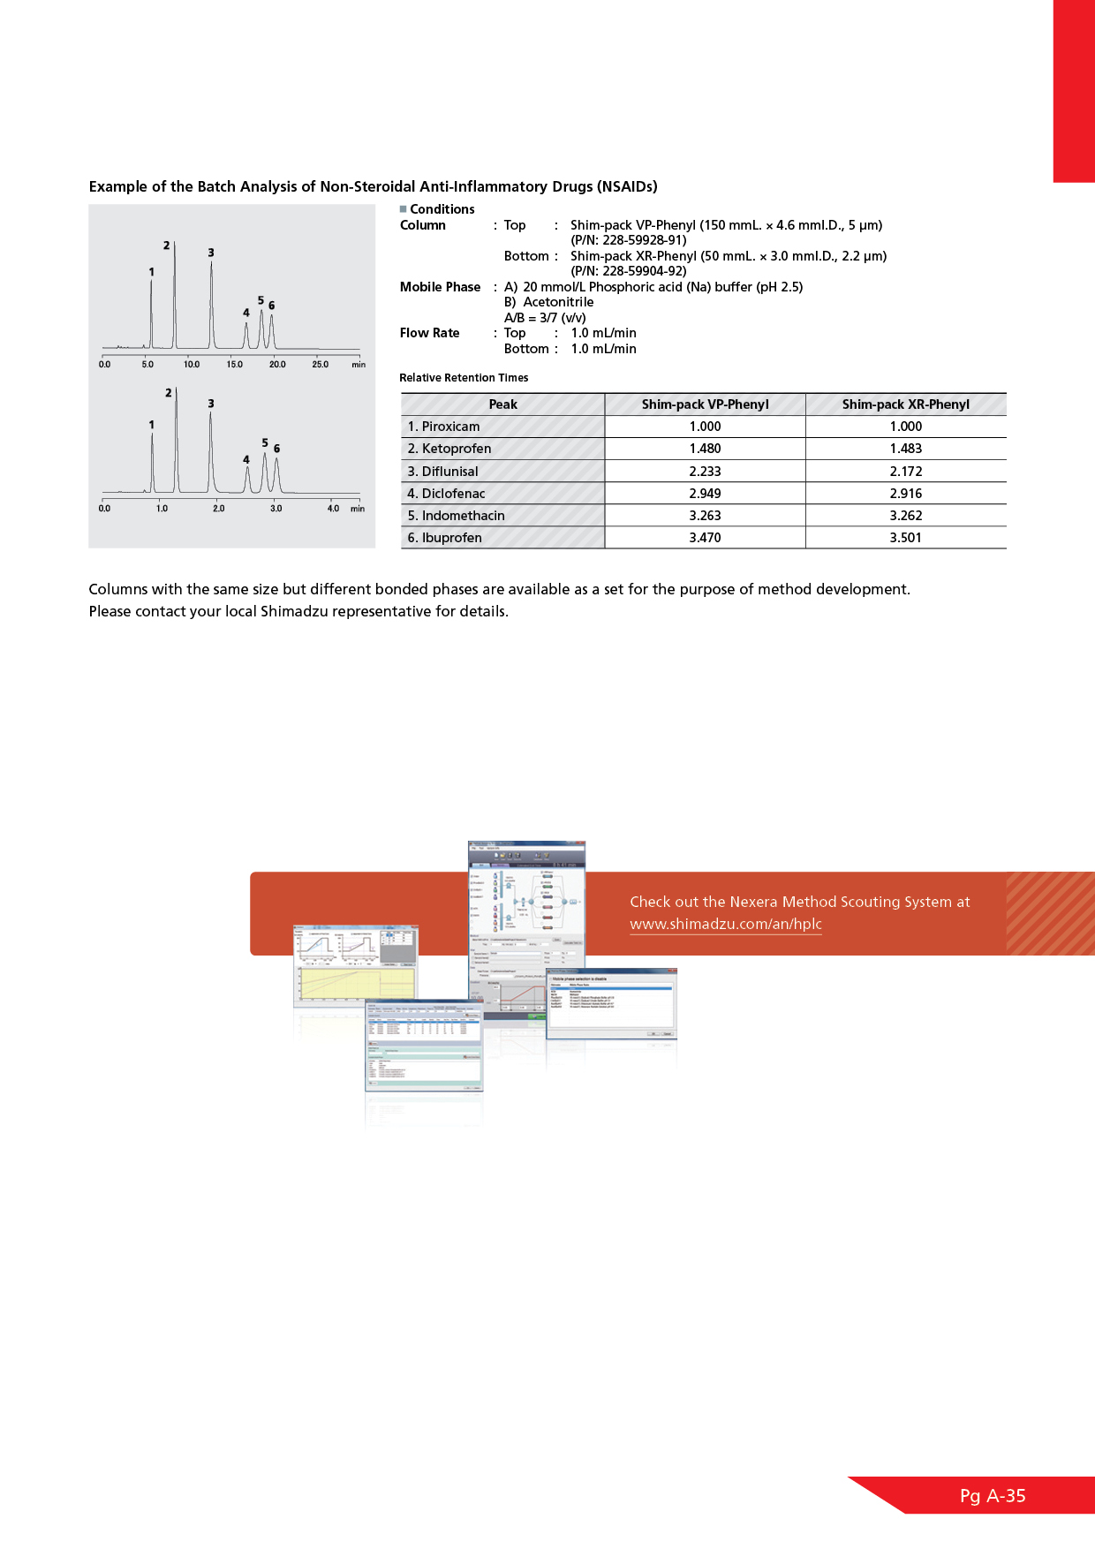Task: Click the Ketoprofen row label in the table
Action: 449,449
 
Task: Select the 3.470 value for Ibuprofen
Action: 705,538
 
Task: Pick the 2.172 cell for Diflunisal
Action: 905,472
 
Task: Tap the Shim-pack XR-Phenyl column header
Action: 905,404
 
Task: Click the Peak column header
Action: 502,404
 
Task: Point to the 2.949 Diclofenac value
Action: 705,494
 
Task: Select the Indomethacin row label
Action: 456,516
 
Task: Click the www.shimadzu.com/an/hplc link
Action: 725,924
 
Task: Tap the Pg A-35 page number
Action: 993,1496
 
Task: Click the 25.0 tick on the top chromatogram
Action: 320,365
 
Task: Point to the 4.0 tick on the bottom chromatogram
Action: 333,509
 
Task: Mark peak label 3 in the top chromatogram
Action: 211,253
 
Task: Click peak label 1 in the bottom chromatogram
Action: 152,425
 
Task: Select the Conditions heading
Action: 442,209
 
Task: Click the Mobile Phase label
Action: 440,287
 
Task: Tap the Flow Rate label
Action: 429,333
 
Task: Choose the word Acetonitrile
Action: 558,302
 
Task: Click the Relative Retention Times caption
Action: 464,378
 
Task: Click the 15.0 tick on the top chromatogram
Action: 234,365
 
